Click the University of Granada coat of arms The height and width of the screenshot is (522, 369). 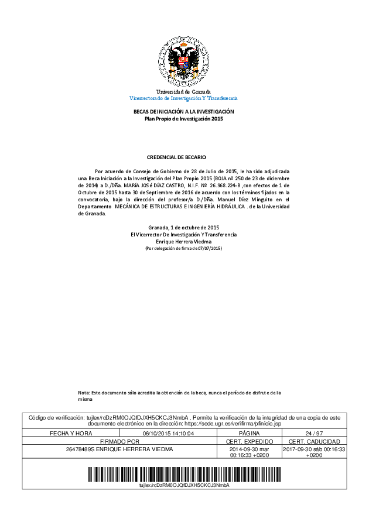point(184,61)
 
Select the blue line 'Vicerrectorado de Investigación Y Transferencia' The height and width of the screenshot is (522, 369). point(183,98)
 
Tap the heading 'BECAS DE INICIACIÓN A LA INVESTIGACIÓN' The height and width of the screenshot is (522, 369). point(184,111)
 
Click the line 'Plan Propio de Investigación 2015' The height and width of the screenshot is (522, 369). point(184,118)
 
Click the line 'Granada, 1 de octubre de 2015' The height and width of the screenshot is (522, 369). point(183,227)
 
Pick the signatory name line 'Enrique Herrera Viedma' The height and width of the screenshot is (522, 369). point(183,241)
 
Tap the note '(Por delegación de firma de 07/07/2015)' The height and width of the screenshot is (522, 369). point(183,248)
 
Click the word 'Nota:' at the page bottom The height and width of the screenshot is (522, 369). point(84,392)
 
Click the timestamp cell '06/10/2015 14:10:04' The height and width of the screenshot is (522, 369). point(168,433)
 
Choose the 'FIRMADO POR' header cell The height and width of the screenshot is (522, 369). point(119,441)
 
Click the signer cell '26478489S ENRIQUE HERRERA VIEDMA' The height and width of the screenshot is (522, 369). point(119,449)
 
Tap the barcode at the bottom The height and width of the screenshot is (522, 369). point(183,473)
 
